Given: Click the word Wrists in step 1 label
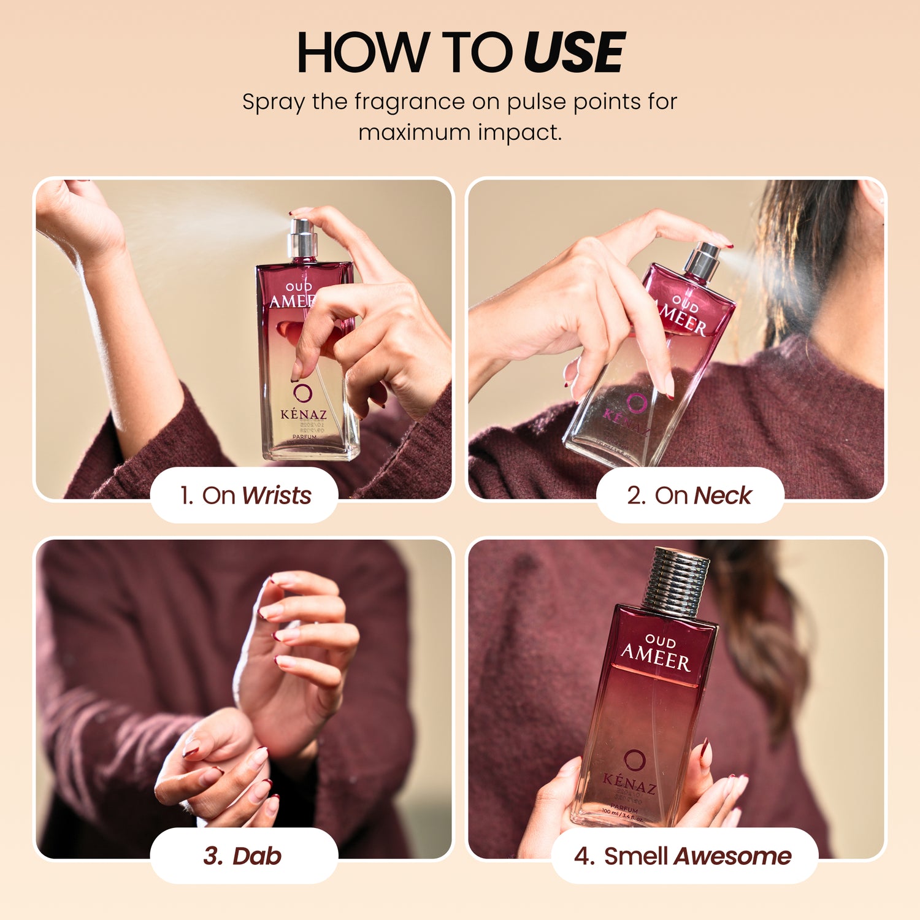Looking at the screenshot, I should [277, 496].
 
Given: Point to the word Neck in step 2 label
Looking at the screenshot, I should [723, 496].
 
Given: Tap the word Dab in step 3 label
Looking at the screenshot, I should [256, 856].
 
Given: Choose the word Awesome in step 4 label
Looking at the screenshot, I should [732, 856].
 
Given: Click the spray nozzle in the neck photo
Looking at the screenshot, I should [703, 260].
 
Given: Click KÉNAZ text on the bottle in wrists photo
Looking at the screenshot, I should [303, 415].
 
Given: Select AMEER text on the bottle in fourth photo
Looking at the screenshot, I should [655, 658].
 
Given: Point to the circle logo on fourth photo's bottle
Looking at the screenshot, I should [634, 760].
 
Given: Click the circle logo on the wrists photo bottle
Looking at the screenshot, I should [302, 393].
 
